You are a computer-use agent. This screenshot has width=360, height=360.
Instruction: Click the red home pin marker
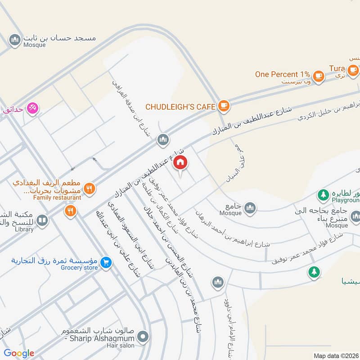click(x=181, y=162)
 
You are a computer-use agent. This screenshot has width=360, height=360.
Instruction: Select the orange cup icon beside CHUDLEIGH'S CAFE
click(x=223, y=106)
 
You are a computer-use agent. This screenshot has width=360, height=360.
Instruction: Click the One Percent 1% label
click(x=283, y=74)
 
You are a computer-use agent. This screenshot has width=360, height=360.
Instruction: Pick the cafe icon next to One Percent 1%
click(x=319, y=76)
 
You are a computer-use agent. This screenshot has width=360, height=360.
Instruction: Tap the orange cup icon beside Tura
click(x=352, y=69)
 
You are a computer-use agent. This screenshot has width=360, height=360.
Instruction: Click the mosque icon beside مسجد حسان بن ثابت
click(x=15, y=40)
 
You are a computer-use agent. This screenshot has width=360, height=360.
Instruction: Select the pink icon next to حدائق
click(x=32, y=108)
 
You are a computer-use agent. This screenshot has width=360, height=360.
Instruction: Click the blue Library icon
click(x=42, y=220)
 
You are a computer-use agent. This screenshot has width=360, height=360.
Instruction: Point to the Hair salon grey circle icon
click(x=143, y=336)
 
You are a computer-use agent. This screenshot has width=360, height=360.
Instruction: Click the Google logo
click(x=19, y=354)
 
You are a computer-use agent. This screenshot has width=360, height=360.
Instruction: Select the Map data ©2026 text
click(x=335, y=355)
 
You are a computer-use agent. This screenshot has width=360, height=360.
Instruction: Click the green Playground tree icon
click(x=322, y=195)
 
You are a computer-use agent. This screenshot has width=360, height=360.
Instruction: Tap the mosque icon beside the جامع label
click(x=250, y=208)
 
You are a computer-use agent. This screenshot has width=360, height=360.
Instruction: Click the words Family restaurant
click(x=57, y=197)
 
